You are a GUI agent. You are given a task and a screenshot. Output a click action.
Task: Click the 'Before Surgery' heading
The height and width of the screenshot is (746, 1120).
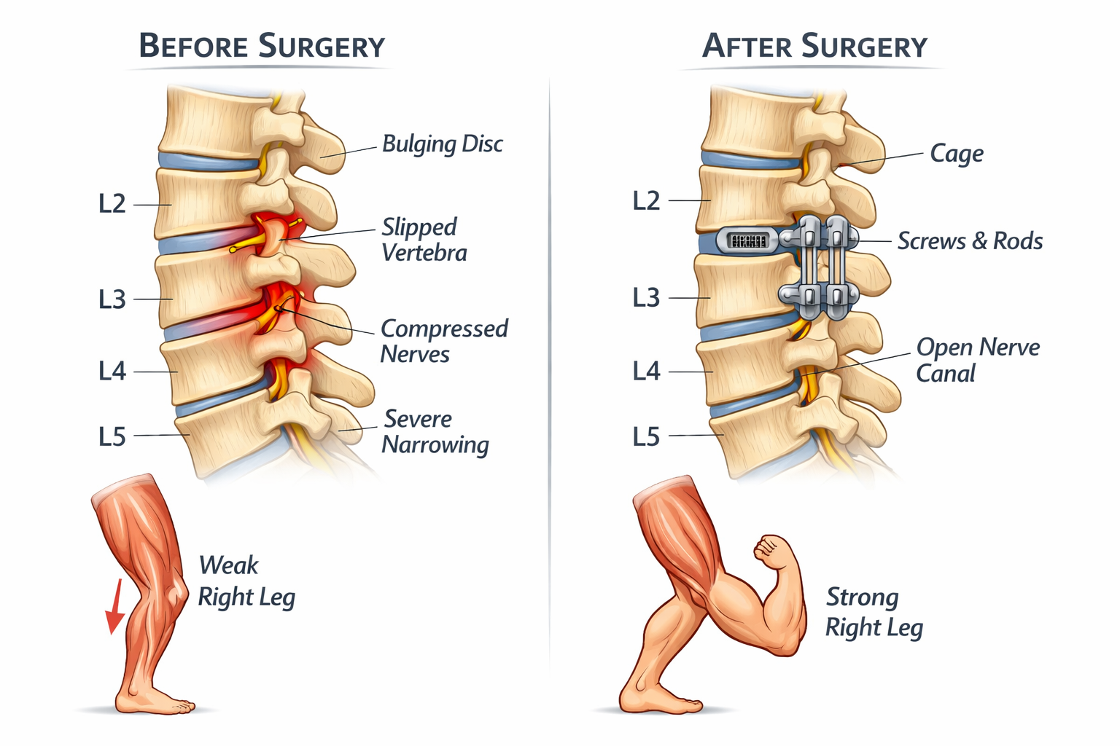coord(262,46)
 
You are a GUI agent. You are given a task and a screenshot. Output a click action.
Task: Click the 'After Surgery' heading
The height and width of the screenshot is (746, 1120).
coord(814,46)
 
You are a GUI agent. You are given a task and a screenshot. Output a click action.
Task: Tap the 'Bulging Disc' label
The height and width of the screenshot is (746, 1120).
coord(442,144)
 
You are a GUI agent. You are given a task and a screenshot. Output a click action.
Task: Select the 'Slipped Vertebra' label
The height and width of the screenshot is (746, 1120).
coord(424,240)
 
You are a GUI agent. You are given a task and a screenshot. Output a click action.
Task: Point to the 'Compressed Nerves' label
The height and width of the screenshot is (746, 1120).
coord(443,341)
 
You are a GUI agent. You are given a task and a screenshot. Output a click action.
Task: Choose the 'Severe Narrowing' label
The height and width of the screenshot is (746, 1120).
coord(435,431)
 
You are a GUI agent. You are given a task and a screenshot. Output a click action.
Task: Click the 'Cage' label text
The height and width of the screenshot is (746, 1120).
coord(956,154)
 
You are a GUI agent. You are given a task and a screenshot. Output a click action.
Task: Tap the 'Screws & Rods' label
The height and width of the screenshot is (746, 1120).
coord(969,241)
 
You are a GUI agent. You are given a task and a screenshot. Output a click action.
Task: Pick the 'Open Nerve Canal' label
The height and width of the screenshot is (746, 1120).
coord(977,360)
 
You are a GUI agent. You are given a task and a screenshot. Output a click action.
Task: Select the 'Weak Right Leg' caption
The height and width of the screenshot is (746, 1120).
coord(246,581)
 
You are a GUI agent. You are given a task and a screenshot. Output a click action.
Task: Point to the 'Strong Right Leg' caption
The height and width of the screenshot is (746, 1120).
coord(874,612)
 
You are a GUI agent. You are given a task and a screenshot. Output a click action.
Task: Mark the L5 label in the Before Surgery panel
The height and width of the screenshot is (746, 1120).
coord(112,436)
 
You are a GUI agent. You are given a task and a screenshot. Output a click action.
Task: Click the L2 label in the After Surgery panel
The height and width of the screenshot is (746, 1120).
coord(646,200)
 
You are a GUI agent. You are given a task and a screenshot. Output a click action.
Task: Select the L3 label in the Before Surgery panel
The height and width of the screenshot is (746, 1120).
coord(112,299)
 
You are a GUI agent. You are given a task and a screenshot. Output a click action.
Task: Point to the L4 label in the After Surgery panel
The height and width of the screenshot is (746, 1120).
coord(646,372)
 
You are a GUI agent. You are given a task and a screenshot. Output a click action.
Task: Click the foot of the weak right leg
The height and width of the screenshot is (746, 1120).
coord(157,702)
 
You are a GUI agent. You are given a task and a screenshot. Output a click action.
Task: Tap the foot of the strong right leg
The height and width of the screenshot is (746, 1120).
coord(660,701)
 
